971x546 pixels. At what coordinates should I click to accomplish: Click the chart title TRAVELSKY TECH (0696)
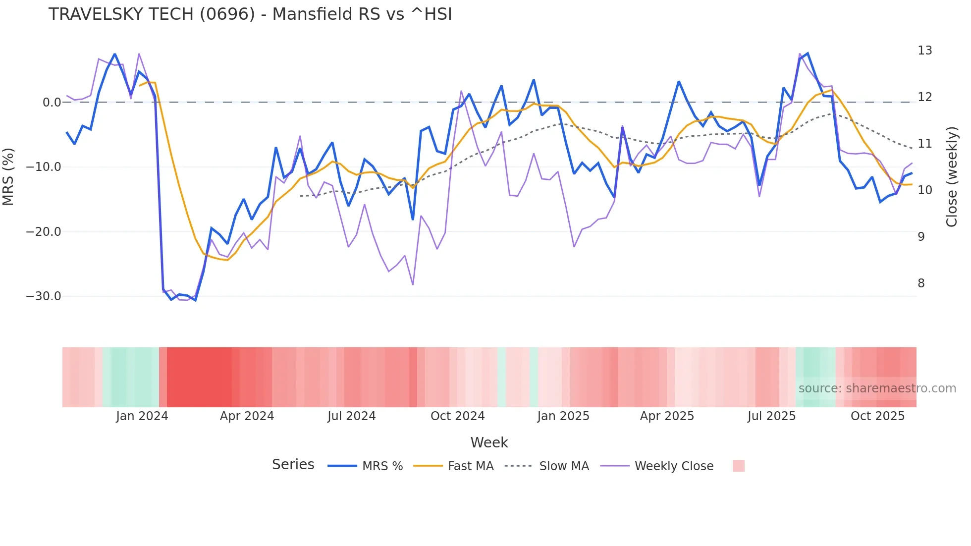[x=250, y=14]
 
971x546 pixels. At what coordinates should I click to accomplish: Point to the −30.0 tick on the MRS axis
[x=44, y=296]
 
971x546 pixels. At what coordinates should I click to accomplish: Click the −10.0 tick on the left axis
[x=44, y=167]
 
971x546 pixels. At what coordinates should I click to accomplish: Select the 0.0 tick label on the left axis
[x=52, y=103]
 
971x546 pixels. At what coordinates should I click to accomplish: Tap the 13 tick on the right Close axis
[x=924, y=51]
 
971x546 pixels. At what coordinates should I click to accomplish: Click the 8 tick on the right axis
[x=921, y=283]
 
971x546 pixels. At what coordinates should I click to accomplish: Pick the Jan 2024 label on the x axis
[x=142, y=416]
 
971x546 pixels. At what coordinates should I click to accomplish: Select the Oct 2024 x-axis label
[x=457, y=416]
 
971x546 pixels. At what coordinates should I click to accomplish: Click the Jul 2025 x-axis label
[x=771, y=416]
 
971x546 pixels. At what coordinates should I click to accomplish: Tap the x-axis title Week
[x=489, y=442]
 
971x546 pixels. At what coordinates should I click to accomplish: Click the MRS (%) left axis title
[x=8, y=176]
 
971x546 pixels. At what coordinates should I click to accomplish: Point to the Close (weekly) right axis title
[x=951, y=176]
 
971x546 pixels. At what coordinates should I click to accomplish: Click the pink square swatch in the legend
[x=738, y=466]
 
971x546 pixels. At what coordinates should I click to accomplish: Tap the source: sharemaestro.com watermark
[x=877, y=388]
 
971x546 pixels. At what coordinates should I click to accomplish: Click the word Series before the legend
[x=293, y=465]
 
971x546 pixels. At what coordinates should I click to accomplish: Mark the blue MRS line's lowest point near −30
[x=195, y=300]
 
